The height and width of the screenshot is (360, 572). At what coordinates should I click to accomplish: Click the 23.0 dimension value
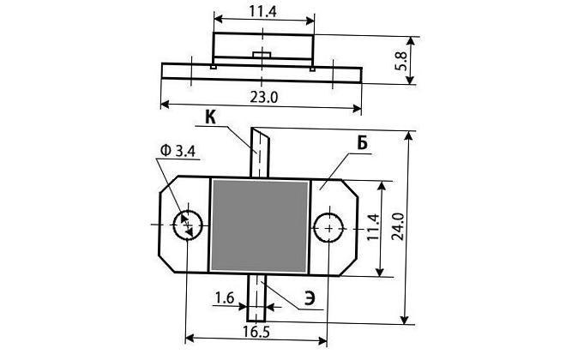(x=263, y=98)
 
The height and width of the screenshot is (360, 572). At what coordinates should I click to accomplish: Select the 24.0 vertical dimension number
(x=397, y=226)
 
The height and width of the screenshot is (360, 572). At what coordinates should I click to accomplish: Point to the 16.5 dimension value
(x=256, y=332)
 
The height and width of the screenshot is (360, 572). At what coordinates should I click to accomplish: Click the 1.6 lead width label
(x=225, y=298)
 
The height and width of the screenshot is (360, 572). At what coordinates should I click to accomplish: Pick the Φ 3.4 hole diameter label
(x=178, y=151)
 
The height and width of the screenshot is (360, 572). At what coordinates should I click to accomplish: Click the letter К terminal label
(x=210, y=117)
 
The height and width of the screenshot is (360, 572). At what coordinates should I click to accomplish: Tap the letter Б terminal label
(x=362, y=144)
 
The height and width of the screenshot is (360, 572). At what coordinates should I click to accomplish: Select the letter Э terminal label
(x=309, y=298)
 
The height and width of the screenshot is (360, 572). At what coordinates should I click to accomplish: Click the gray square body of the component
(x=259, y=226)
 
